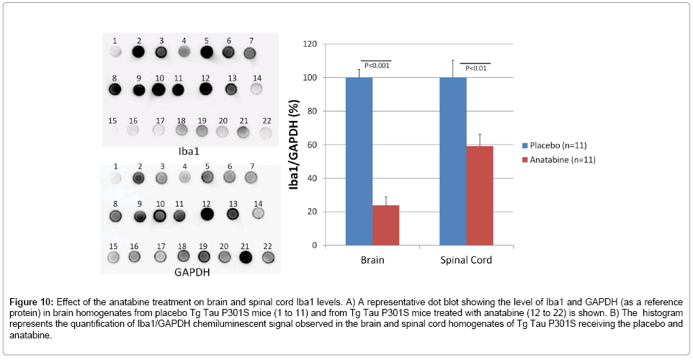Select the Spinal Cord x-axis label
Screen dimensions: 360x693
tap(467, 260)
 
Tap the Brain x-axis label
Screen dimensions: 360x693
tap(373, 260)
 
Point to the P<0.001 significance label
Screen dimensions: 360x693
tap(376, 66)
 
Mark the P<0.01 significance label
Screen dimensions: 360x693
tap(475, 68)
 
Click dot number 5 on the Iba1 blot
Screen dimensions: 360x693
tap(207, 52)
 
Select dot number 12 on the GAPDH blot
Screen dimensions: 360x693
tap(207, 213)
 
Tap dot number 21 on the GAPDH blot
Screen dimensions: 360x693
tap(246, 256)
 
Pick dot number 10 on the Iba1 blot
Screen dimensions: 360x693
tap(158, 90)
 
